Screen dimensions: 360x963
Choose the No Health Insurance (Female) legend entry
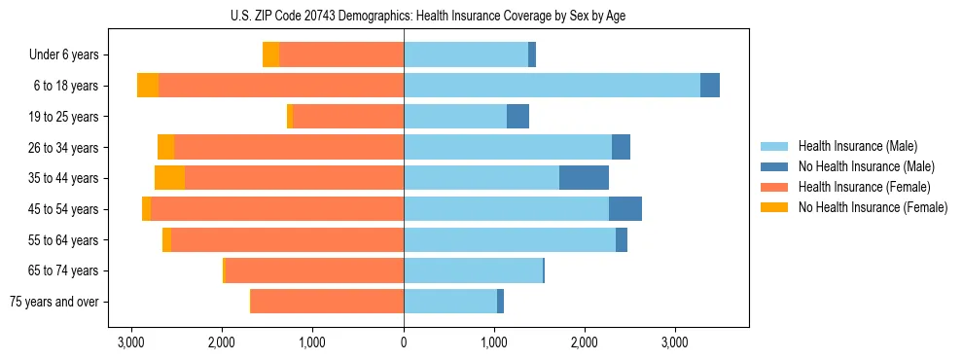tap(873, 207)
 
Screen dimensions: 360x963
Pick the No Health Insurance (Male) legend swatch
tap(775, 166)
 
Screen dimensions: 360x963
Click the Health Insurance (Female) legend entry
tap(864, 187)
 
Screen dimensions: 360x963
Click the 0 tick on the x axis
tap(404, 342)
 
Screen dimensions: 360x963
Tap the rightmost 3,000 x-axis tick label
tap(675, 342)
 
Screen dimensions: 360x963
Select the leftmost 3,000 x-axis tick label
tap(131, 342)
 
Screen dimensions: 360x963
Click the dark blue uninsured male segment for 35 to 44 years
tap(584, 178)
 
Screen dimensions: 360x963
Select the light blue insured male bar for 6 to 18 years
tap(552, 86)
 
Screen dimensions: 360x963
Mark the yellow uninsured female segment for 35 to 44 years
tap(169, 178)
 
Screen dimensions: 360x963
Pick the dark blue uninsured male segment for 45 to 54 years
tap(624, 209)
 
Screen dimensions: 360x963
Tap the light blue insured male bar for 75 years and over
tap(450, 302)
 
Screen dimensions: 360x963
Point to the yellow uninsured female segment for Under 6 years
tap(270, 55)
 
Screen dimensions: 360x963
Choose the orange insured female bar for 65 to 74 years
tap(314, 270)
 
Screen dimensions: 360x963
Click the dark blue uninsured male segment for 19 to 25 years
tap(517, 117)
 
